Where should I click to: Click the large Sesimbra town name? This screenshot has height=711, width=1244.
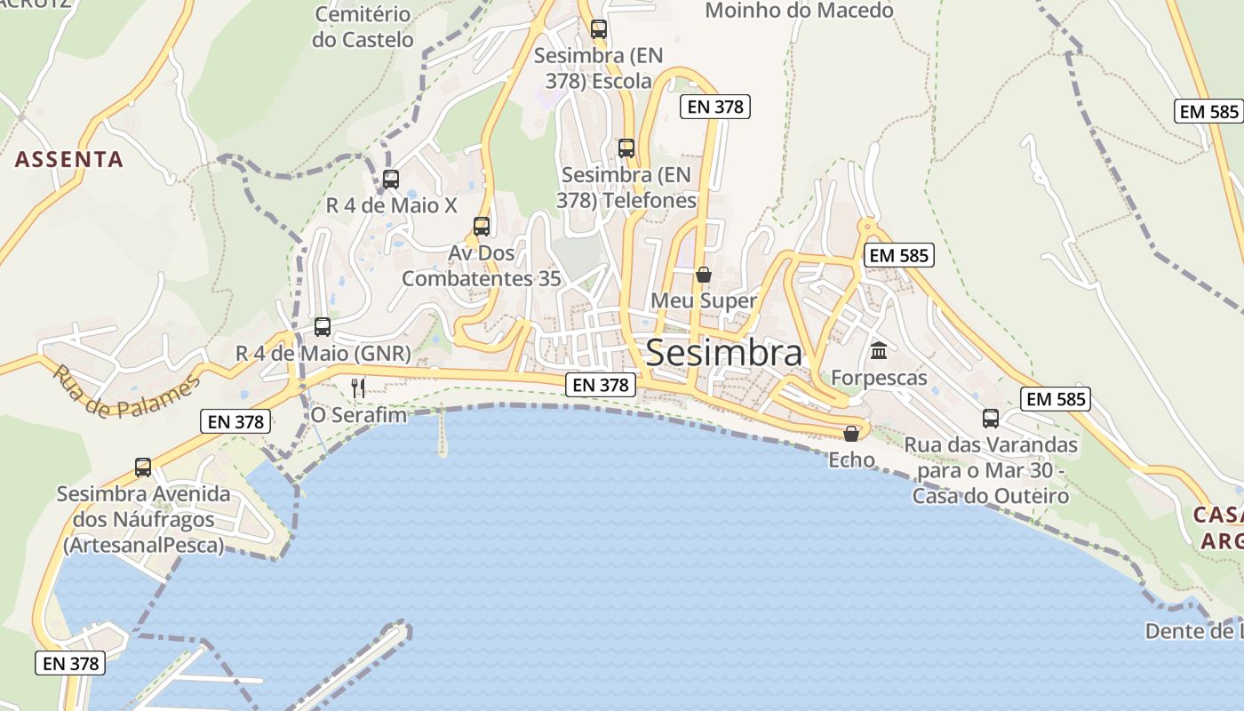pos(723,353)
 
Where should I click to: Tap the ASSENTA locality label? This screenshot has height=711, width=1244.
pos(68,160)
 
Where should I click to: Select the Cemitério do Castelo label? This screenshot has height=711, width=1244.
pos(363,28)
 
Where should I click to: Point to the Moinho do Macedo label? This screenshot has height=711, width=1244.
pos(799,11)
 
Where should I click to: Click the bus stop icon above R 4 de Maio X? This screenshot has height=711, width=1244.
pos(391,180)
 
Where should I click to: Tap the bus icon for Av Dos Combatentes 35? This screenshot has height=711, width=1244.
pos(482,227)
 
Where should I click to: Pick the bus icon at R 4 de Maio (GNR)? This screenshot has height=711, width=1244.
pos(323,327)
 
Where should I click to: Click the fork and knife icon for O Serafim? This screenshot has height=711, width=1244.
pos(358,387)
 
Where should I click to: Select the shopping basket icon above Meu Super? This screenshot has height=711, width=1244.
pos(704,275)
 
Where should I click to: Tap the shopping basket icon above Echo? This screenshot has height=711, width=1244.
pos(851,434)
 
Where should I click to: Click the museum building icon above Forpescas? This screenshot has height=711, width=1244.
pos(879,351)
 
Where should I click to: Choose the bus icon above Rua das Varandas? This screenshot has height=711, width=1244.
pos(991,418)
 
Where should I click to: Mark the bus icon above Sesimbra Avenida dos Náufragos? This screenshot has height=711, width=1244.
pos(143,467)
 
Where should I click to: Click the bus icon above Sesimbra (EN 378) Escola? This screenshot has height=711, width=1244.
pos(599,29)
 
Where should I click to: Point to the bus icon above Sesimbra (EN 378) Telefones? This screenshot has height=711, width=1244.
pos(626,148)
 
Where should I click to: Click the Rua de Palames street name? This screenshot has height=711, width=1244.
pos(126,392)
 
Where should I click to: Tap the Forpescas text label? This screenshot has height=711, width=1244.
pos(879,378)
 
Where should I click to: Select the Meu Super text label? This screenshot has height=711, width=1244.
pos(704,300)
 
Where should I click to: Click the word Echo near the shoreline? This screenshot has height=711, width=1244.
pos(851,460)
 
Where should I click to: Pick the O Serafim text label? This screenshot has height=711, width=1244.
pos(358,415)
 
